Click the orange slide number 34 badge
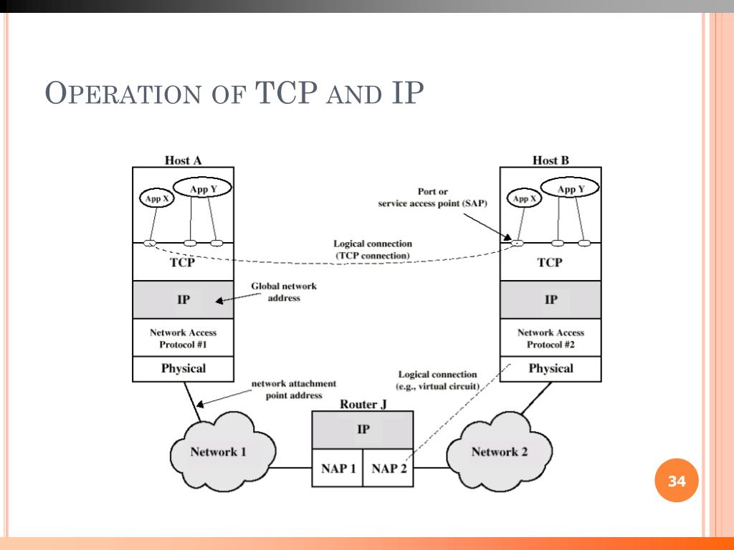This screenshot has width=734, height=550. click(x=677, y=481)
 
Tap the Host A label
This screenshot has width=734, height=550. click(x=183, y=160)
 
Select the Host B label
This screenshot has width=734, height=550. click(x=550, y=160)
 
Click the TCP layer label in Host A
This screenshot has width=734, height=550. click(x=183, y=262)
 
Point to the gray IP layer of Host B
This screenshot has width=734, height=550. click(x=550, y=299)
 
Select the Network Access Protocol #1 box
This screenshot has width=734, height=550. click(x=183, y=338)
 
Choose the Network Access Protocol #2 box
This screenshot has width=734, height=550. click(x=550, y=338)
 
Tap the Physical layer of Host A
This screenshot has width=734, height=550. click(x=183, y=369)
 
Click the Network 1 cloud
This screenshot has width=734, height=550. click(x=219, y=451)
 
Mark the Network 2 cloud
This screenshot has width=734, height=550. click(x=500, y=451)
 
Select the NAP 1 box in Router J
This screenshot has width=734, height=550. click(x=337, y=469)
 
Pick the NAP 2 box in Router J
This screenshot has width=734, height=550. click(x=389, y=469)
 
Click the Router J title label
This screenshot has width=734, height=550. click(x=363, y=404)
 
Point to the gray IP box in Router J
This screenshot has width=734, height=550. click(x=363, y=430)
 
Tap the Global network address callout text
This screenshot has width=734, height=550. click(x=283, y=291)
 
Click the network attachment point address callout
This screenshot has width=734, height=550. click(x=293, y=389)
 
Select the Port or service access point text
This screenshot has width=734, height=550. click(x=432, y=197)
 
